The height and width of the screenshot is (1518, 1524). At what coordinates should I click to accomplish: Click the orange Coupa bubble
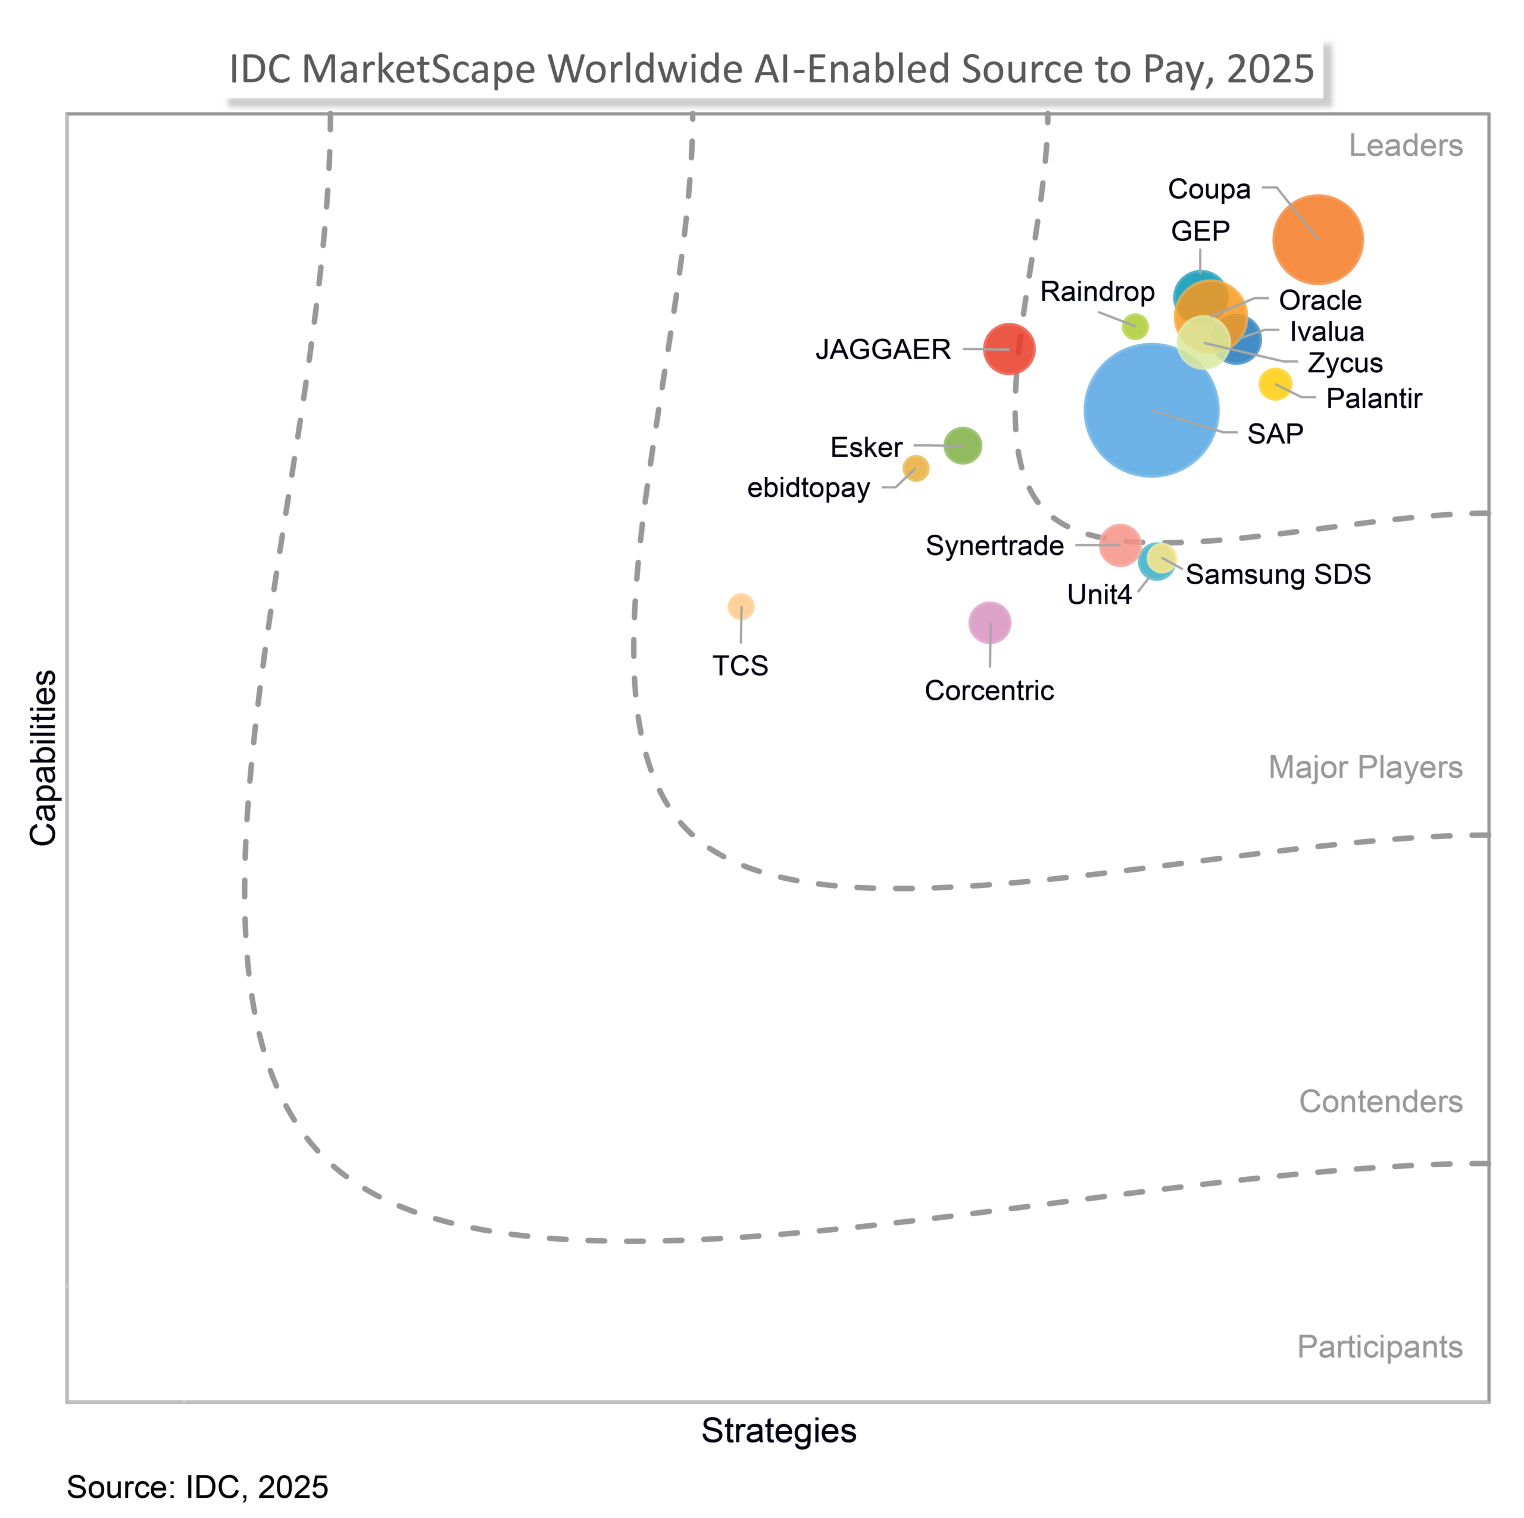[x=1317, y=239]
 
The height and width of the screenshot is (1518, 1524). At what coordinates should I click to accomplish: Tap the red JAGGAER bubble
[x=1009, y=349]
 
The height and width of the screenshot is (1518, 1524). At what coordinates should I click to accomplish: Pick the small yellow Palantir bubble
[x=1275, y=384]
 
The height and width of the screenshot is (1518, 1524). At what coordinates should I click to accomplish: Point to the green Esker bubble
[x=963, y=446]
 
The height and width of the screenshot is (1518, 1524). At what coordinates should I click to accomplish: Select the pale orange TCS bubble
[x=741, y=606]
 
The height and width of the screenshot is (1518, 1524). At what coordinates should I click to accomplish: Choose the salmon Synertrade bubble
[x=1119, y=544]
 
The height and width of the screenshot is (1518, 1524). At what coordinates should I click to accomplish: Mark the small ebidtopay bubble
[x=916, y=469]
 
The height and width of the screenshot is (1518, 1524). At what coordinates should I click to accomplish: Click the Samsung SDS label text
[x=1278, y=574]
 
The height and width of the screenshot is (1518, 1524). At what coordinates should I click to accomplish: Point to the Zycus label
[x=1345, y=363]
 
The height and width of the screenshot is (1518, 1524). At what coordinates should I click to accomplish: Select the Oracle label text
[x=1320, y=301]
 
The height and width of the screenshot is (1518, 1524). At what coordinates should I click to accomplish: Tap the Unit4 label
[x=1099, y=595]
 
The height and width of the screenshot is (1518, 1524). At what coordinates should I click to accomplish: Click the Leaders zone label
[x=1405, y=146]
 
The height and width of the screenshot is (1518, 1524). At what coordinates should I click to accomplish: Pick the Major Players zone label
[x=1364, y=768]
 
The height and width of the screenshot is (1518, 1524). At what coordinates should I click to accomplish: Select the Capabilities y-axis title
[x=43, y=758]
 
